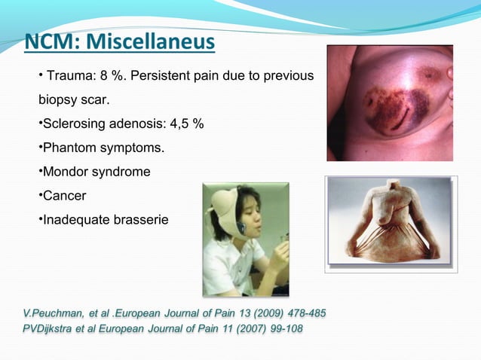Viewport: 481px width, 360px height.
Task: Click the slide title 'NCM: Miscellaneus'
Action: pos(119,43)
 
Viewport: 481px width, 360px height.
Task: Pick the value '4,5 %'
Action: pos(185,124)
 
